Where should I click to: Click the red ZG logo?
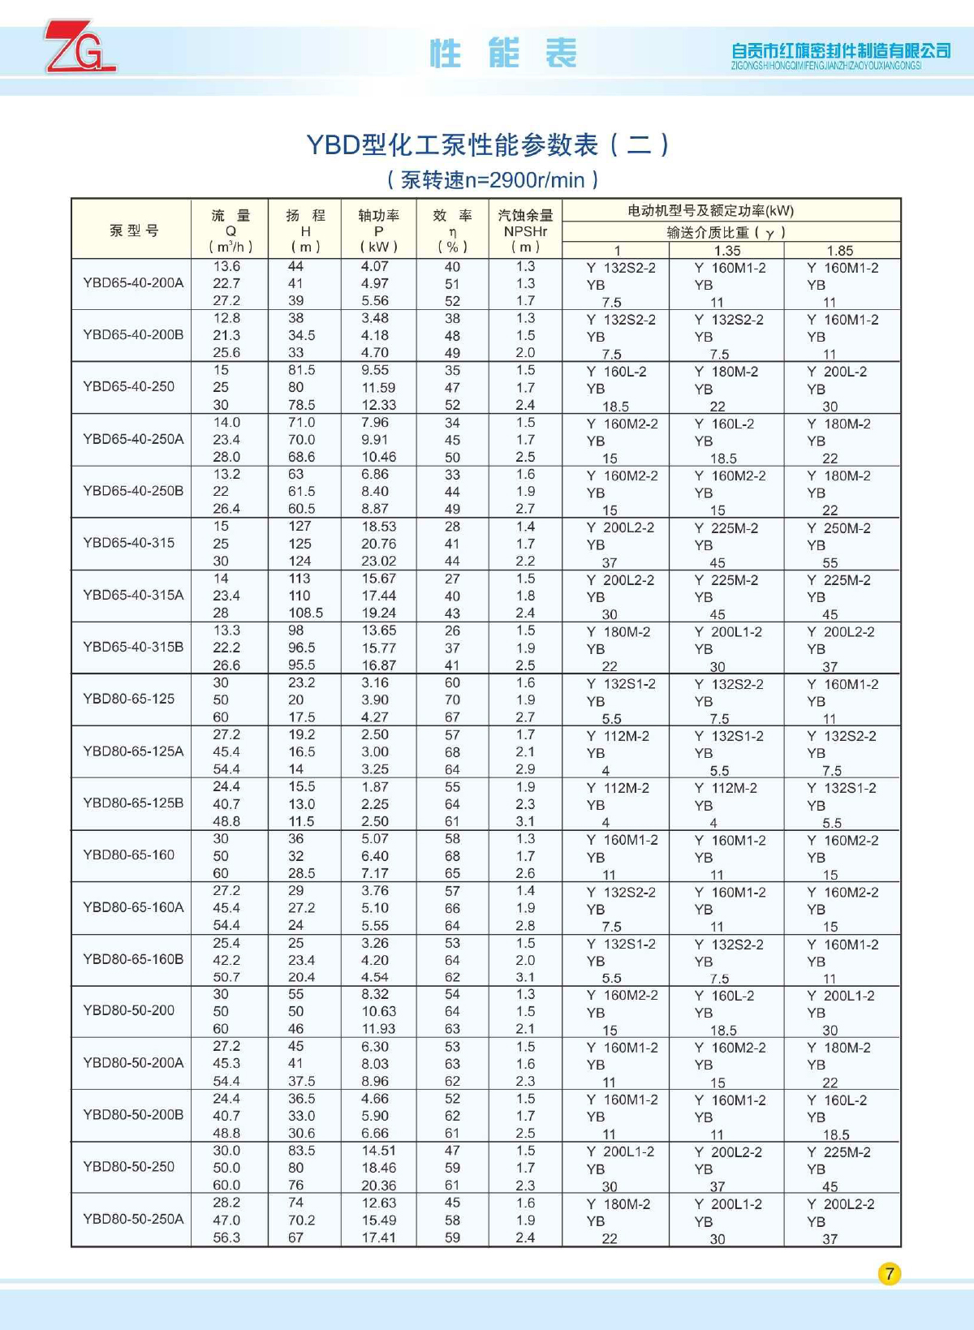[x=80, y=48]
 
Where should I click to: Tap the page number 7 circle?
[x=890, y=1273]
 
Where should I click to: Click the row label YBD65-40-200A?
[x=133, y=283]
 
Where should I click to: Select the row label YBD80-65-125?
[x=128, y=699]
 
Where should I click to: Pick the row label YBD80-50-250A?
[x=133, y=1219]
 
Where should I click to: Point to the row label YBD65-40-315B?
[x=133, y=647]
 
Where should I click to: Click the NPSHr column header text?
[x=525, y=231]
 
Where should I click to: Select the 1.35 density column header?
[x=727, y=251]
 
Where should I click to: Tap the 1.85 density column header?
[x=840, y=251]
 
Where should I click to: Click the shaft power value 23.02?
[x=379, y=561]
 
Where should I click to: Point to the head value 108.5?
[x=305, y=613]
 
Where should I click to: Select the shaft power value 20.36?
[x=379, y=1185]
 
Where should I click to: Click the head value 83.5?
[x=301, y=1151]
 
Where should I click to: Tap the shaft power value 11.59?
[x=379, y=388]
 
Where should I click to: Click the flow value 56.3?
[x=226, y=1237]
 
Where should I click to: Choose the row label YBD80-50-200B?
[x=133, y=1115]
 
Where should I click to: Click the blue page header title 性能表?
[x=503, y=54]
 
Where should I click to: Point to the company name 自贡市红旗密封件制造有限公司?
[x=840, y=51]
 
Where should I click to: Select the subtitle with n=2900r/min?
[x=493, y=179]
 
